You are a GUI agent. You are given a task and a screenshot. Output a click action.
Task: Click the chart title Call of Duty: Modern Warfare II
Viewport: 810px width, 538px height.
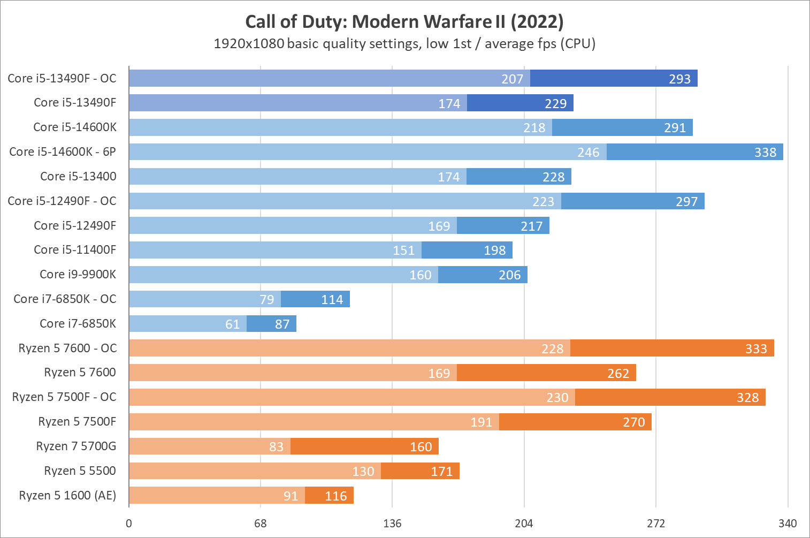404,21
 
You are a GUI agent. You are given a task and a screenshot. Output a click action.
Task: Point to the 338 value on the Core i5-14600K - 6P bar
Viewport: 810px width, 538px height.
765,153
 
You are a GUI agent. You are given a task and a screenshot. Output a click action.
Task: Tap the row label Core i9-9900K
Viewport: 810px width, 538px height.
78,275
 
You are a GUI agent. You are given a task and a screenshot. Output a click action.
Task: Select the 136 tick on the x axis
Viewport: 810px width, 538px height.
392,524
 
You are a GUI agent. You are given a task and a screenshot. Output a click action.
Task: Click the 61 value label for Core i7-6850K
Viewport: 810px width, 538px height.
233,324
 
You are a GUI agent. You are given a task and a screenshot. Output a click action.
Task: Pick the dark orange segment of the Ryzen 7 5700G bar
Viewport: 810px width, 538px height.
364,446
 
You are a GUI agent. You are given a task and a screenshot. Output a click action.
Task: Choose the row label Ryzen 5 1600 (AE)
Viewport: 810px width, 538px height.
67,496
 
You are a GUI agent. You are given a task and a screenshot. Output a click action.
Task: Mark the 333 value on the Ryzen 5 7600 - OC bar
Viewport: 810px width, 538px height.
756,349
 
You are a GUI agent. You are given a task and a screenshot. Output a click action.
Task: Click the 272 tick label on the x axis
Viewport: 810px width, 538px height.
656,524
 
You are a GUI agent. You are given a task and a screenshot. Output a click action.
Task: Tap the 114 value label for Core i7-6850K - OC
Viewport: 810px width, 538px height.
332,300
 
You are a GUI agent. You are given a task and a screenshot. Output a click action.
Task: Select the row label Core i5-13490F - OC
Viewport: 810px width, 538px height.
62,79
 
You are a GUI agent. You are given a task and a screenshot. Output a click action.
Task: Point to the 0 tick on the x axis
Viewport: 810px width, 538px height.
129,524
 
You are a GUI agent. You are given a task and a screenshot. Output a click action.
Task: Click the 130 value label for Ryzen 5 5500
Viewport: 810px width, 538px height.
363,472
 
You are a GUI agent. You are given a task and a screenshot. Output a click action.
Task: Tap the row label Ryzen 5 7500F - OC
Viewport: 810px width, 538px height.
64,397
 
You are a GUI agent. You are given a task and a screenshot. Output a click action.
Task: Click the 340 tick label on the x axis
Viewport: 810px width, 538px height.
788,524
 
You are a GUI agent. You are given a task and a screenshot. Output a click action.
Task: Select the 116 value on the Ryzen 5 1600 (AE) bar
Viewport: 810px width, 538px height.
336,496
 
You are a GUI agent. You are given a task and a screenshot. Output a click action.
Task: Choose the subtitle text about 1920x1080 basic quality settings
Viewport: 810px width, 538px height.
404,43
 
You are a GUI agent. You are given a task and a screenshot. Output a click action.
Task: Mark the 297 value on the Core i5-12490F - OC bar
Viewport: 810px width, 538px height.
686,202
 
